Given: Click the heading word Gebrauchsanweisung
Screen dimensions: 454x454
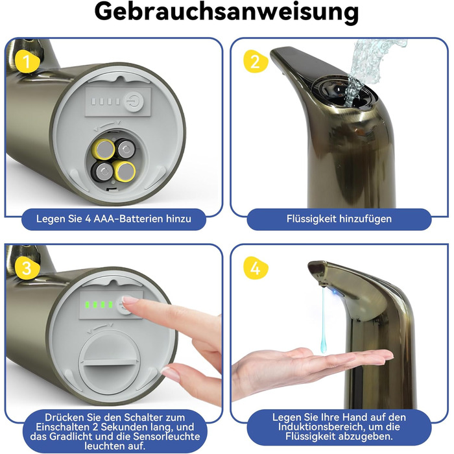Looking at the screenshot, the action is pos(226,12).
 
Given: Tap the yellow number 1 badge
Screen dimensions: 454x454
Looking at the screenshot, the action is pos(27,62).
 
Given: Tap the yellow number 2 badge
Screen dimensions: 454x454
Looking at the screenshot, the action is pos(256,62).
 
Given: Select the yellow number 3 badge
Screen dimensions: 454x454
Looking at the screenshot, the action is pos(27,268).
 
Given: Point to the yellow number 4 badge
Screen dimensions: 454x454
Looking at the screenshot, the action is pos(256,268).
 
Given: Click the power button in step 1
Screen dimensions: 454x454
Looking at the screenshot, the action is pos(134,102).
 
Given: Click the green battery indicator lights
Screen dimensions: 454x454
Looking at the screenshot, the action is pos(99,305).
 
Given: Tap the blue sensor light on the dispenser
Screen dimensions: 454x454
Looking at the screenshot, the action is pos(335,292).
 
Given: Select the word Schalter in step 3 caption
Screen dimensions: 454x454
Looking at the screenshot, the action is pos(141,417).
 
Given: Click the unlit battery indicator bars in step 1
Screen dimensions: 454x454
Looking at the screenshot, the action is pos(105,101).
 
